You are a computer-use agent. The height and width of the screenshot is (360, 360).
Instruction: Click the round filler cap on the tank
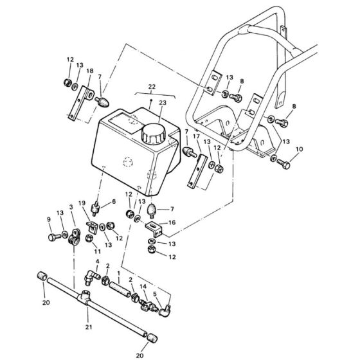153,134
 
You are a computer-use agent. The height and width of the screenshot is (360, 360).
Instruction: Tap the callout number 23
162,102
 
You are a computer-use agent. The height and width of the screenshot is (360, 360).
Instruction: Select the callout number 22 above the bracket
152,87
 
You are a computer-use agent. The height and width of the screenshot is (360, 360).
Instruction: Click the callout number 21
89,327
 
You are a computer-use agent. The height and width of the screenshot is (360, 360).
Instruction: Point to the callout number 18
90,71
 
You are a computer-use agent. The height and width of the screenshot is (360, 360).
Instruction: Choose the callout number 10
299,149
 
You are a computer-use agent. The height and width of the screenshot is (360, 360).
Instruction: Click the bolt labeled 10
283,164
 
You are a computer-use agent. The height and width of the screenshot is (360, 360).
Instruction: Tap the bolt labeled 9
55,237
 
